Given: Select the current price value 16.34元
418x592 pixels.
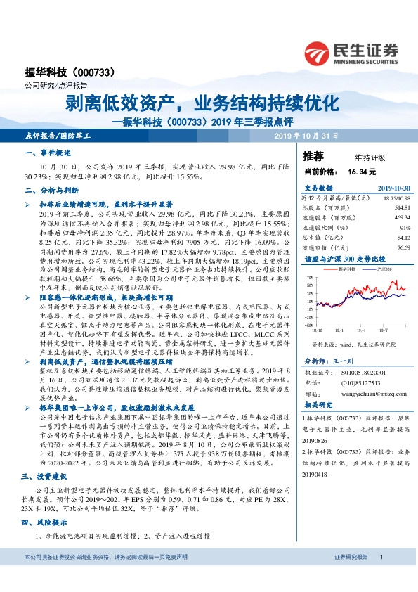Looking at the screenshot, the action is click(x=362, y=171).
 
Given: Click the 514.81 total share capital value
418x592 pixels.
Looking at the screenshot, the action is click(x=402, y=208).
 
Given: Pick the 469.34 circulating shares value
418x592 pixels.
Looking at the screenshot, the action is click(x=402, y=218).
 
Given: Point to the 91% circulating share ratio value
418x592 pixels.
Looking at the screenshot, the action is click(x=405, y=228).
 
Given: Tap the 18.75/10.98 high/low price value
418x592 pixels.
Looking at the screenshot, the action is click(x=396, y=199).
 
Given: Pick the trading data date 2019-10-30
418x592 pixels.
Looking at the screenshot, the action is click(x=393, y=188).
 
